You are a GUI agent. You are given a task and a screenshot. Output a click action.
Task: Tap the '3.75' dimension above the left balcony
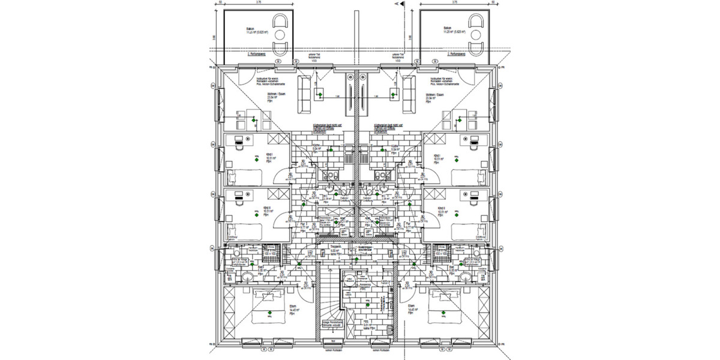(258, 2)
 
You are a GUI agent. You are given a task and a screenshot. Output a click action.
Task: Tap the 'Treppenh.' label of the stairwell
(337, 245)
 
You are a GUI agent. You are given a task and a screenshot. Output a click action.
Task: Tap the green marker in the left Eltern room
(271, 313)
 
